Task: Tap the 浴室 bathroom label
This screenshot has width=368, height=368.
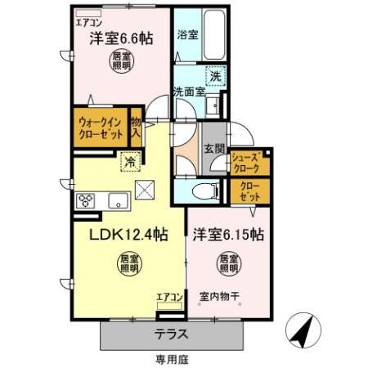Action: [187, 35]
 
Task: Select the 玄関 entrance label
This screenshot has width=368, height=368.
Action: [214, 148]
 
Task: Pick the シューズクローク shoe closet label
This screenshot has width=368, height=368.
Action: [245, 163]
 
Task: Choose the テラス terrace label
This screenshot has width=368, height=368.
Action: [172, 333]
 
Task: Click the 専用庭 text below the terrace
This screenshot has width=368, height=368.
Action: [172, 358]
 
